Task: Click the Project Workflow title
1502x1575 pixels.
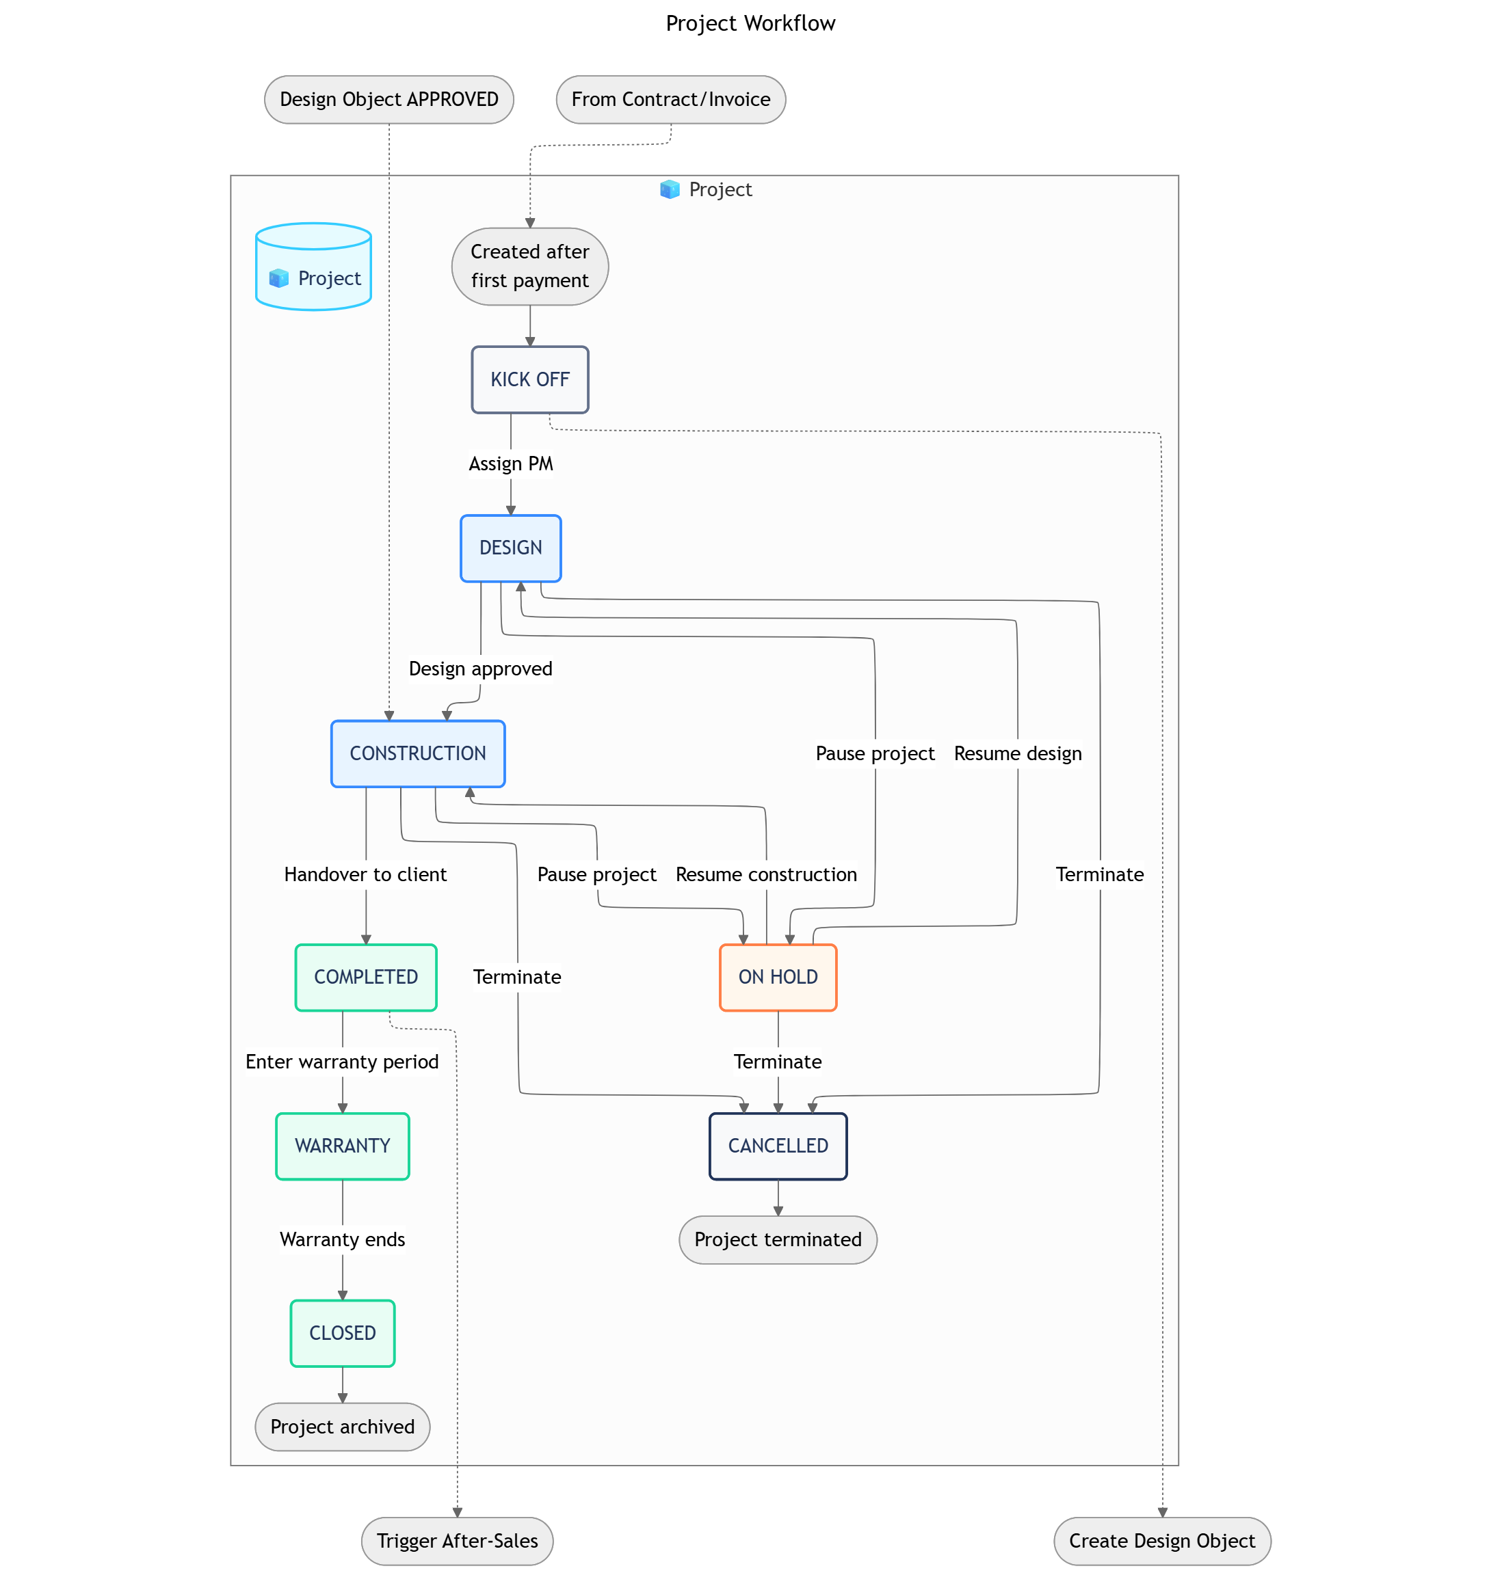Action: click(750, 23)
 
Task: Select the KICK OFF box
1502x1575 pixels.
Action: click(529, 379)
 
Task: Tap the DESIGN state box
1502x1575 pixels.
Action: click(510, 548)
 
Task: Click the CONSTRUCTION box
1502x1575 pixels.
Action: click(417, 753)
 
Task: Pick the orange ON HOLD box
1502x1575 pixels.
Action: click(778, 976)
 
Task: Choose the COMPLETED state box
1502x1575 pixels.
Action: click(365, 976)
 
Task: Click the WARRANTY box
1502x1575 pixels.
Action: click(342, 1145)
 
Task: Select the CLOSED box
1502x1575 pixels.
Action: click(342, 1332)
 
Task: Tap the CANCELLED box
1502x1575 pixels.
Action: click(778, 1145)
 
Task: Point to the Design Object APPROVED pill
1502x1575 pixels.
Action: click(388, 99)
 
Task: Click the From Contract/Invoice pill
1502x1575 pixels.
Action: click(670, 99)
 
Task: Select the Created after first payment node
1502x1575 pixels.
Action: click(529, 266)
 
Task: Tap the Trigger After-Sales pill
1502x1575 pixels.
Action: click(456, 1541)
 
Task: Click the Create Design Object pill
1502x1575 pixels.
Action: click(1162, 1541)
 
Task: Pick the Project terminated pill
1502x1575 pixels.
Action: click(778, 1239)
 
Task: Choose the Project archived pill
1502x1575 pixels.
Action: click(342, 1426)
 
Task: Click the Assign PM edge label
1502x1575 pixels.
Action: click(510, 463)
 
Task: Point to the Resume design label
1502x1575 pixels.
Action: click(1017, 753)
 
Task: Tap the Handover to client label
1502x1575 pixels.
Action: click(365, 874)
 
